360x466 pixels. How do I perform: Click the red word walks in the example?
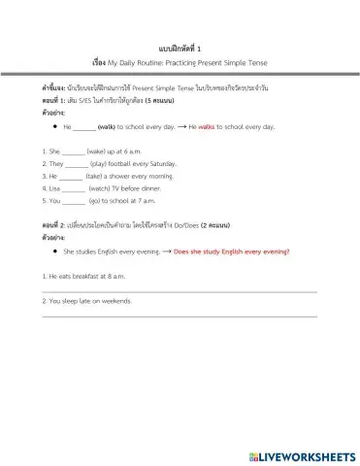pos(206,126)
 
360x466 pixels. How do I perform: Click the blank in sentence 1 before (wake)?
pos(72,151)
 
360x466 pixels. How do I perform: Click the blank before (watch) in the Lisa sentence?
pos(74,188)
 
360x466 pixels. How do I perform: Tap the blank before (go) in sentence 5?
pos(74,201)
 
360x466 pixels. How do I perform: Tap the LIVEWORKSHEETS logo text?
pos(307,455)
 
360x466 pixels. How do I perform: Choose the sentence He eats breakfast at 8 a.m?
pos(89,277)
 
